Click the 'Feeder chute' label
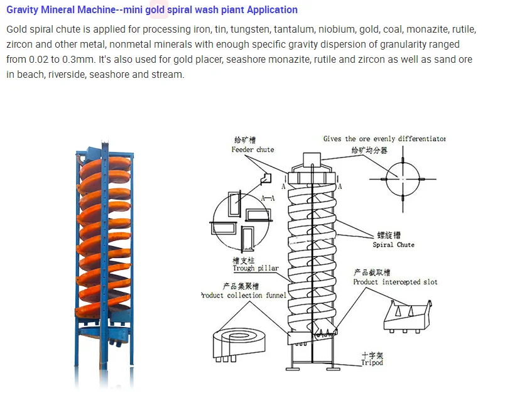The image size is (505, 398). point(253,149)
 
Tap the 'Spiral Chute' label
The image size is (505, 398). point(393,245)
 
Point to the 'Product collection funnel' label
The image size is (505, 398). point(244,295)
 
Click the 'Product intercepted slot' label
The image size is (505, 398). point(395,282)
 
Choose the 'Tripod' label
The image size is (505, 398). point(372,363)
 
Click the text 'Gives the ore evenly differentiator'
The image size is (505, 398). point(384,139)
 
